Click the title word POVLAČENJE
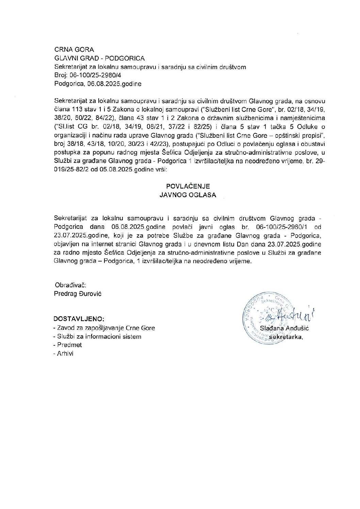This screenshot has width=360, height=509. (x=188, y=186)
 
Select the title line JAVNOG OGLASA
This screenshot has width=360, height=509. (x=188, y=195)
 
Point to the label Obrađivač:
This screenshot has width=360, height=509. (x=70, y=285)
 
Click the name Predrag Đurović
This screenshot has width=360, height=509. (x=78, y=293)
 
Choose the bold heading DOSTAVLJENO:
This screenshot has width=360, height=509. (x=79, y=319)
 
